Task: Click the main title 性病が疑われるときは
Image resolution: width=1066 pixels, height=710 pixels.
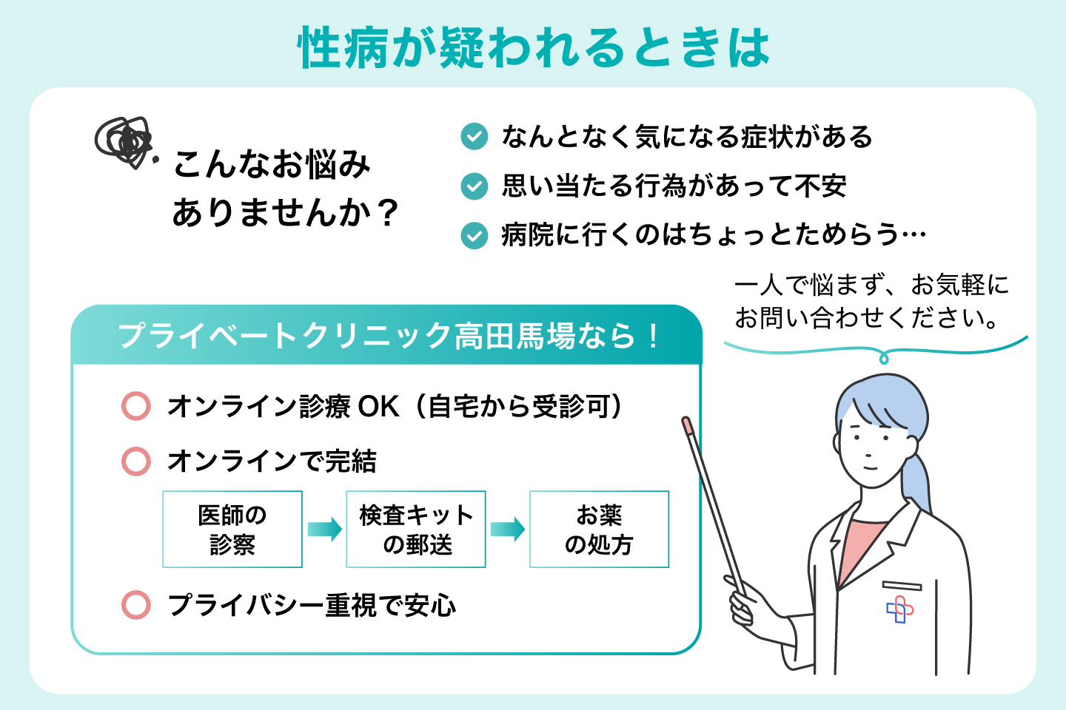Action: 533,47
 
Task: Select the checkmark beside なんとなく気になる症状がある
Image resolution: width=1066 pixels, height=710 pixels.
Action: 474,137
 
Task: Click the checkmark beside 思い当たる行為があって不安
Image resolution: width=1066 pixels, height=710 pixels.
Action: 474,186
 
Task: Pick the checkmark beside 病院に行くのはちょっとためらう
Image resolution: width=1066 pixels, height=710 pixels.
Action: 474,236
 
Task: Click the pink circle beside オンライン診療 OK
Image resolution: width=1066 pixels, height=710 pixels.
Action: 136,406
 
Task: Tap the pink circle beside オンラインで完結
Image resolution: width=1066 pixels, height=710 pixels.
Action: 136,461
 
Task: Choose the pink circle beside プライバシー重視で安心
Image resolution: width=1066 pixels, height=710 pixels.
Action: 136,605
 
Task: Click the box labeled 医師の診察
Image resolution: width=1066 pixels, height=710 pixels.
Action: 232,530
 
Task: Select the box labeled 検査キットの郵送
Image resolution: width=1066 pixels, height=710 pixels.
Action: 416,530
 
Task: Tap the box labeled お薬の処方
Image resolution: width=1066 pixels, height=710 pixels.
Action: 599,530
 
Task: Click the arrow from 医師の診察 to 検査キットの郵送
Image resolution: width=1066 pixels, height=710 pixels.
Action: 324,530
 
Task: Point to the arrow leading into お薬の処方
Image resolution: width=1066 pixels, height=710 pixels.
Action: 508,530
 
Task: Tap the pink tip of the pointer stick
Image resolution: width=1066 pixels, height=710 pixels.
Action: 686,425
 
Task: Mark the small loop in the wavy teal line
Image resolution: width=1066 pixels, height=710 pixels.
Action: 883,359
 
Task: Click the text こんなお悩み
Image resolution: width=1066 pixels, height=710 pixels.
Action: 272,164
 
